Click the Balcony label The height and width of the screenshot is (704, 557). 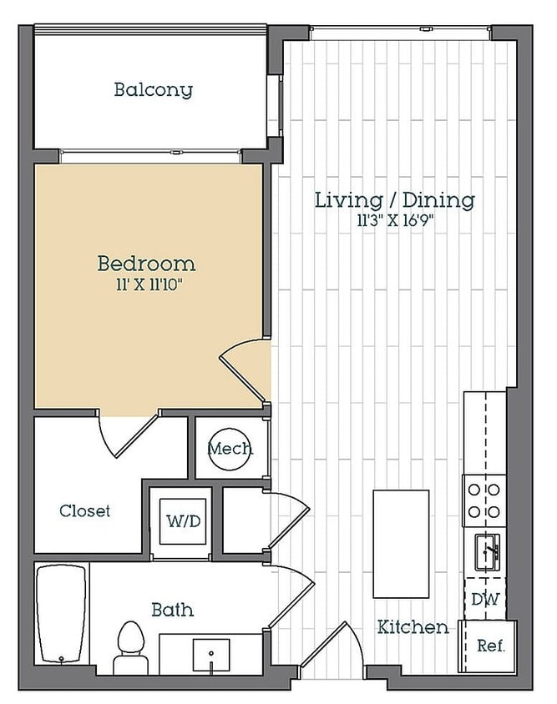point(154,90)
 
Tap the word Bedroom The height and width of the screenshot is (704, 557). point(146,264)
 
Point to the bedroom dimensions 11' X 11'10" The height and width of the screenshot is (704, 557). point(149,284)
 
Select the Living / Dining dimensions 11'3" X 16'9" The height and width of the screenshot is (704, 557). point(396,221)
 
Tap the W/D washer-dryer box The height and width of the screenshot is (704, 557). point(184,521)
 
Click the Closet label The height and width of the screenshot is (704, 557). point(84,511)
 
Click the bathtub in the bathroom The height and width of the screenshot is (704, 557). point(61,614)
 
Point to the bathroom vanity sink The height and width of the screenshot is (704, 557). point(211,655)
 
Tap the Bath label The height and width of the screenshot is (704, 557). point(173,610)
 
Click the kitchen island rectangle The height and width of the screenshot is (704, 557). point(401,544)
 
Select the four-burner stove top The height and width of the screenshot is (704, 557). point(484,500)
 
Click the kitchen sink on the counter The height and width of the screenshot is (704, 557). point(488,552)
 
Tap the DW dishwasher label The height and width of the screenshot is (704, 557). point(485,599)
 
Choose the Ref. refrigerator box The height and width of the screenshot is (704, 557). point(488,646)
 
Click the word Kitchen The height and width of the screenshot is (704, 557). point(413,627)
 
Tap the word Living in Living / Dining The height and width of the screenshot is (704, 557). point(348,200)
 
